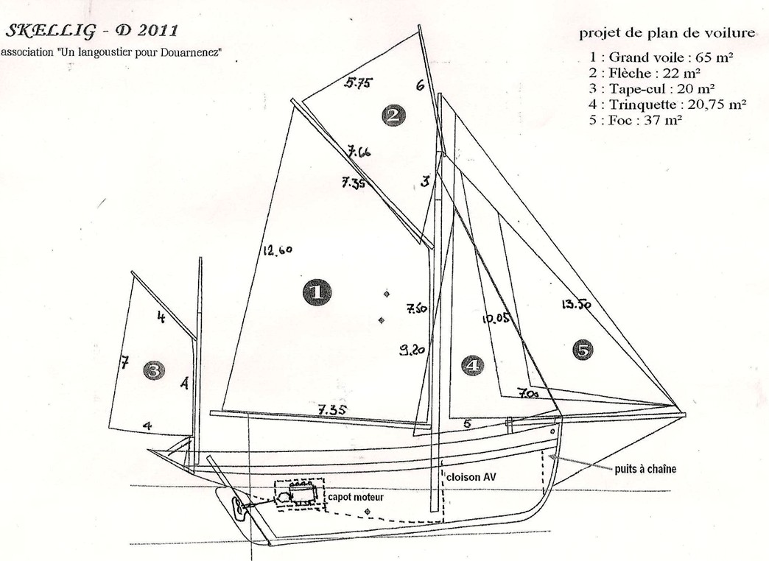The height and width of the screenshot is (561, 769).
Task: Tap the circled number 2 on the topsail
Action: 393,116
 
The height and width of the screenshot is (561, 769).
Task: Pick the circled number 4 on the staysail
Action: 473,365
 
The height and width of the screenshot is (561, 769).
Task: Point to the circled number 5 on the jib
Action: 582,350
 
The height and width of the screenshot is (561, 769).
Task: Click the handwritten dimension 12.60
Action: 278,250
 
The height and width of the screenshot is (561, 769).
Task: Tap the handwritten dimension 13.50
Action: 576,305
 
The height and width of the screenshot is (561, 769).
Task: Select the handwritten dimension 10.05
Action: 495,319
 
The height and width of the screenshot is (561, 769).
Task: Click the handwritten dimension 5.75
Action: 357,83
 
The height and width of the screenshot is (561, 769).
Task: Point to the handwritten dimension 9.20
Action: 412,350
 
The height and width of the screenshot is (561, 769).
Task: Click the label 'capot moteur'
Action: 356,497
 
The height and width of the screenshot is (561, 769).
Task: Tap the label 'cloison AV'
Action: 471,476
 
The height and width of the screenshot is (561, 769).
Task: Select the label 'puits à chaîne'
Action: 645,469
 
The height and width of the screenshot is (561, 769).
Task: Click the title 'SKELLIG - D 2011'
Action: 91,31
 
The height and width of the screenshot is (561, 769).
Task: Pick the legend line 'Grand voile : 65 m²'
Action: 661,57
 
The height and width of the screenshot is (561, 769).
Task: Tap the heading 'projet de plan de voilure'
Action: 667,33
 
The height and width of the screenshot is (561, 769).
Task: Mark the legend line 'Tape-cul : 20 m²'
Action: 652,89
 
